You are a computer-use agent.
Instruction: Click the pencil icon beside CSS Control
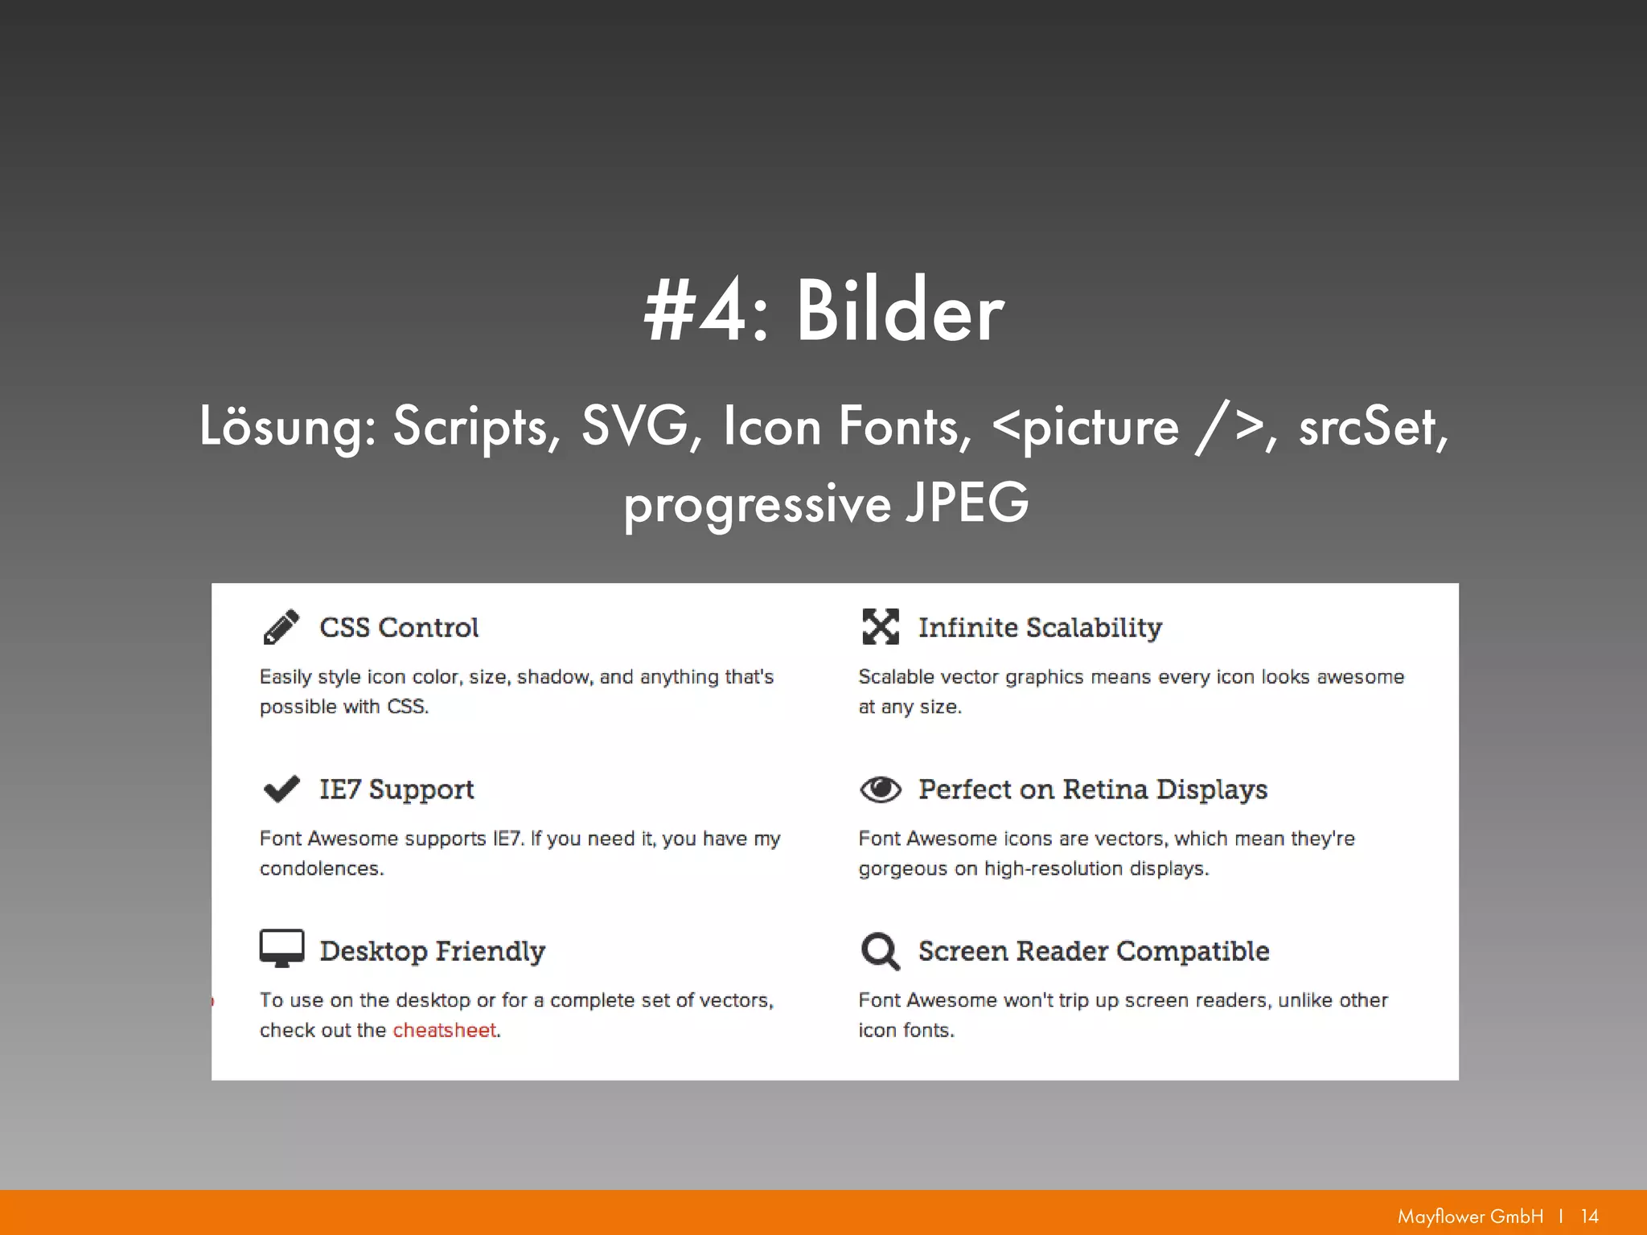(x=281, y=627)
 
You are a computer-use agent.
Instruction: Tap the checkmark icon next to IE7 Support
(x=281, y=789)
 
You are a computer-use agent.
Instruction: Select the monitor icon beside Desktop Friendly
(x=281, y=948)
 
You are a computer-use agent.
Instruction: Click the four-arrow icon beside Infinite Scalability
(x=880, y=627)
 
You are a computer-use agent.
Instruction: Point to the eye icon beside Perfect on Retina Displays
(x=880, y=790)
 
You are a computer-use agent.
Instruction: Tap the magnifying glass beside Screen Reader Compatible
(x=880, y=950)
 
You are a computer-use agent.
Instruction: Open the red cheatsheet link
(x=444, y=1030)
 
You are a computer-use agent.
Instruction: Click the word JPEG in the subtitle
(x=967, y=503)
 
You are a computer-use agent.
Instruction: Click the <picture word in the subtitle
(x=1086, y=427)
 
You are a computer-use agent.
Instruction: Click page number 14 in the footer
(x=1589, y=1216)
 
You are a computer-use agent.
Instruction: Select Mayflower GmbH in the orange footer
(x=1470, y=1216)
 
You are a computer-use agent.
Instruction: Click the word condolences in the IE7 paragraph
(x=321, y=868)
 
